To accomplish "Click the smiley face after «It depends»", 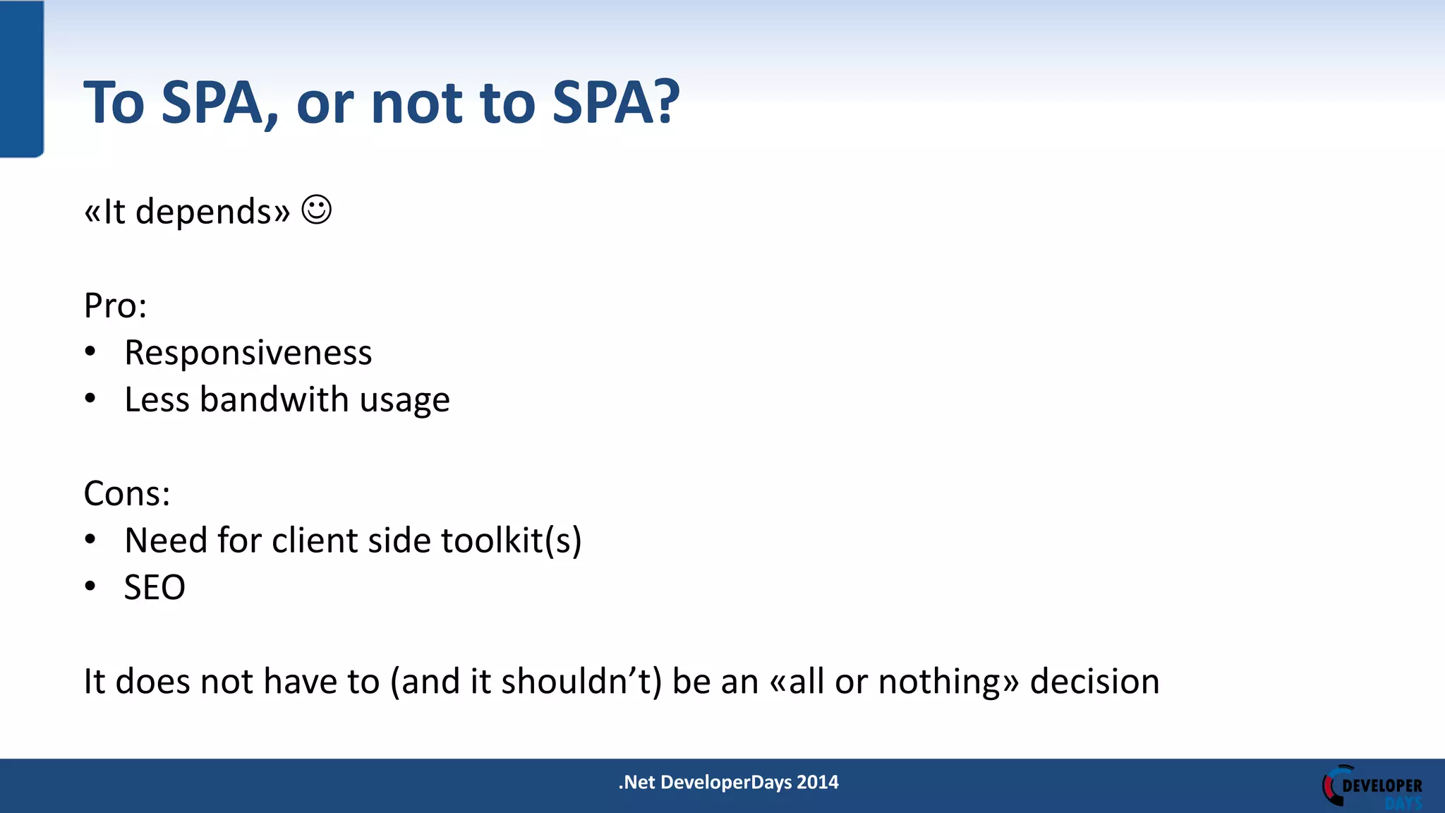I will tap(316, 210).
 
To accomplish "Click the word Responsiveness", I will tap(248, 353).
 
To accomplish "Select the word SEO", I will tap(155, 587).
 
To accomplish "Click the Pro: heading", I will tap(115, 306).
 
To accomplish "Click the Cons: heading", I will tap(127, 493).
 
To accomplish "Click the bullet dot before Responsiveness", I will tap(90, 351).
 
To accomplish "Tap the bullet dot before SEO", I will tap(90, 586).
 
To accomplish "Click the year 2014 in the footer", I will tap(818, 782).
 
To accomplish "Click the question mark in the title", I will tap(663, 103).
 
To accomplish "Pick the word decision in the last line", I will tap(1094, 682).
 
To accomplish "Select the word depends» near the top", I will tap(212, 211).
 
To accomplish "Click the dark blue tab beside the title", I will tap(21, 78).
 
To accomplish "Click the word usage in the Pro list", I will tap(404, 401).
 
